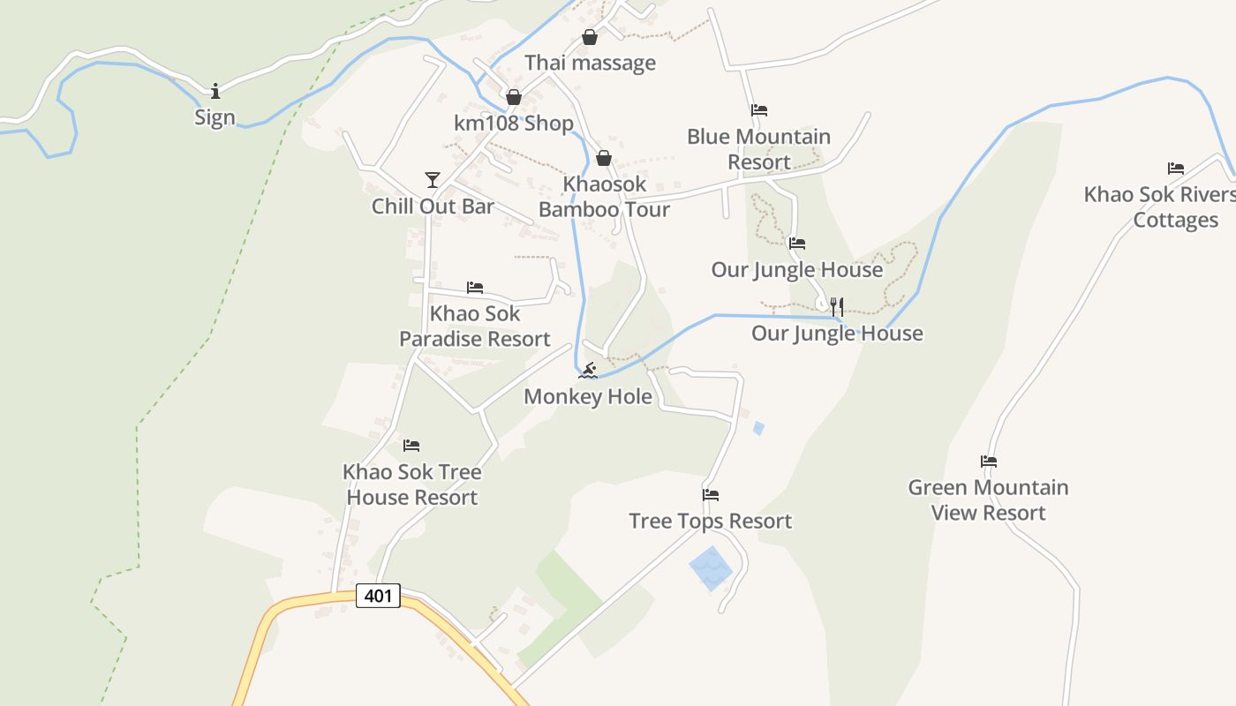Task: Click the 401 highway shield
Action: [378, 596]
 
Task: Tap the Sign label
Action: [215, 117]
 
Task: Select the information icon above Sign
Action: [215, 91]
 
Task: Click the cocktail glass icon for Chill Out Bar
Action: [432, 180]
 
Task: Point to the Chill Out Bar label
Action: [433, 207]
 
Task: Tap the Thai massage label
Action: [590, 63]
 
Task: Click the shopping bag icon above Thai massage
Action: [590, 37]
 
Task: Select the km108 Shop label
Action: [513, 124]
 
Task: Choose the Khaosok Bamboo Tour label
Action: [604, 197]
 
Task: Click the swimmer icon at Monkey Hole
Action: [588, 370]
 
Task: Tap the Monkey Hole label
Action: [588, 396]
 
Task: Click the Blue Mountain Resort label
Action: [758, 149]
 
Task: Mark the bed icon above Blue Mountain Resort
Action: [758, 110]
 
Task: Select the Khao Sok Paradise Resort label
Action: [475, 326]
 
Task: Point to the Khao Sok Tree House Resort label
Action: [412, 484]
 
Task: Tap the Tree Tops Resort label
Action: [710, 521]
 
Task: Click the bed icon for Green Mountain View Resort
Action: [989, 461]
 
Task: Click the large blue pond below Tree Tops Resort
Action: [711, 567]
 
